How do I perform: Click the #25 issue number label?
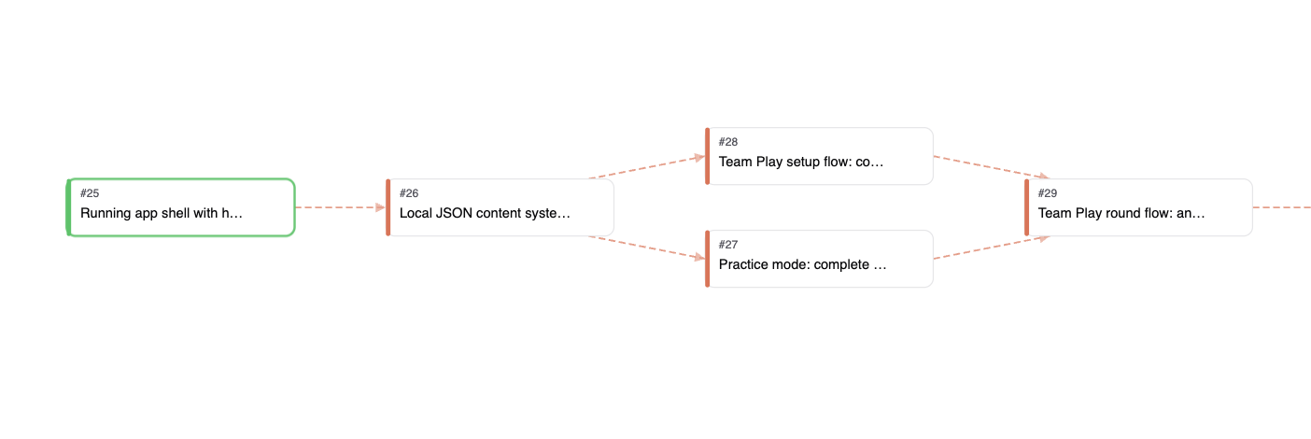click(x=90, y=193)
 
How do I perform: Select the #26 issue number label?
click(x=408, y=193)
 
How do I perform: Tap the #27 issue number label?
click(x=728, y=245)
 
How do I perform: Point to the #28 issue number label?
click(x=728, y=142)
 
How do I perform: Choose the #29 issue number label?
click(x=1047, y=193)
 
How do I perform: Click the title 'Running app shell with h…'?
click(x=161, y=213)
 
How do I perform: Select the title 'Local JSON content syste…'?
click(x=485, y=213)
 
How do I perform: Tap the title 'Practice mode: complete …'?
click(x=802, y=264)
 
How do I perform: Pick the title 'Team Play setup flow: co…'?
click(x=800, y=162)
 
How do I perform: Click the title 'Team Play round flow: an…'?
click(x=1121, y=213)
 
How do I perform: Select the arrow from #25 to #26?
click(x=340, y=207)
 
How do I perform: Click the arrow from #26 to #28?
click(x=647, y=167)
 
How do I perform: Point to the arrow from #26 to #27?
click(x=647, y=248)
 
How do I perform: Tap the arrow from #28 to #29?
click(x=992, y=167)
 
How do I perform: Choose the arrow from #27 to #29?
click(x=992, y=248)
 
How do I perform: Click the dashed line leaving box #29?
click(x=1282, y=207)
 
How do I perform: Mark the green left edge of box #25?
click(x=68, y=207)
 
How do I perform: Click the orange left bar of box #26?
click(x=388, y=207)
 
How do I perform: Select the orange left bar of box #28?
click(x=708, y=156)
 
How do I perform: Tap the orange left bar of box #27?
click(x=708, y=259)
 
